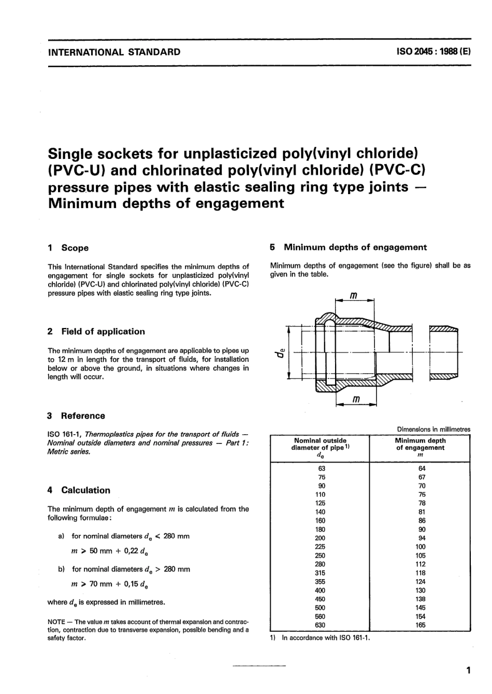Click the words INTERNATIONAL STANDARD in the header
[x=114, y=52]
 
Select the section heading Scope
[x=75, y=248]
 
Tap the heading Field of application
[x=103, y=332]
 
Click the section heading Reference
[x=82, y=416]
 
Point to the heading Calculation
[x=85, y=490]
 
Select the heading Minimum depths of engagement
[x=355, y=247]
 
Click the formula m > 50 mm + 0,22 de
[x=110, y=552]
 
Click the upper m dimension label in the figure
[x=354, y=296]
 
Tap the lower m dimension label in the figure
[x=356, y=400]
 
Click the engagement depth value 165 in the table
[x=420, y=625]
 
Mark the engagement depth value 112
[x=420, y=564]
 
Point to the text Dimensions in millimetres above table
[x=433, y=429]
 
